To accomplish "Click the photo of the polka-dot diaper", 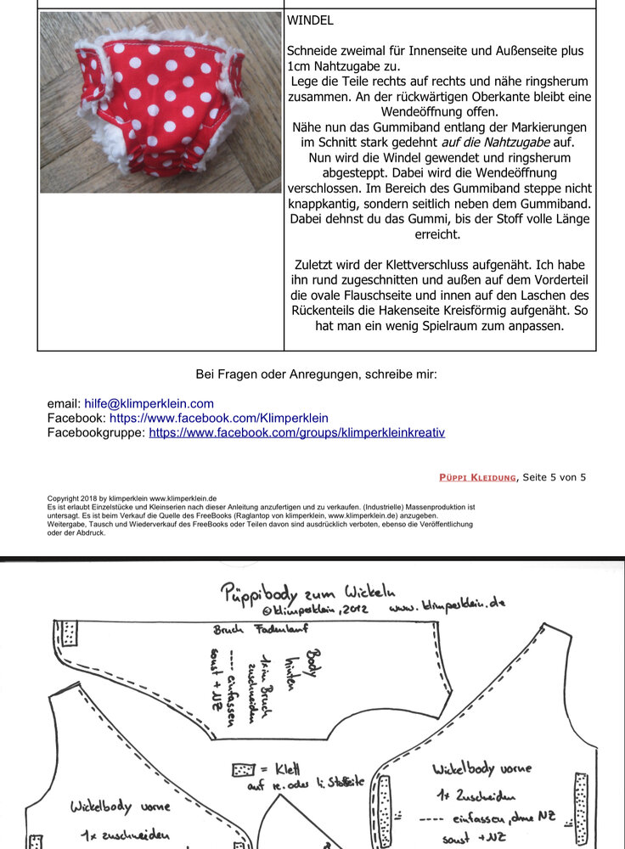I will click(x=160, y=102).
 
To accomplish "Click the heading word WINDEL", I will click(x=310, y=19).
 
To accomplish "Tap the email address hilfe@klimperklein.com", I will click(x=149, y=403).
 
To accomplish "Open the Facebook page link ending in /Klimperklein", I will click(x=218, y=418).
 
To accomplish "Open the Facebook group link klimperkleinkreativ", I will click(x=296, y=432).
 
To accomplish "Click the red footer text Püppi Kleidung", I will click(x=477, y=477).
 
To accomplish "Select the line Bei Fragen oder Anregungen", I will click(x=316, y=374).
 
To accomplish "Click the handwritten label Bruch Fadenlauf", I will click(x=249, y=630).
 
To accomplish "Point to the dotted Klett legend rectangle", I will click(x=244, y=770).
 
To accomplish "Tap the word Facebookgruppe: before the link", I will click(x=96, y=432).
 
